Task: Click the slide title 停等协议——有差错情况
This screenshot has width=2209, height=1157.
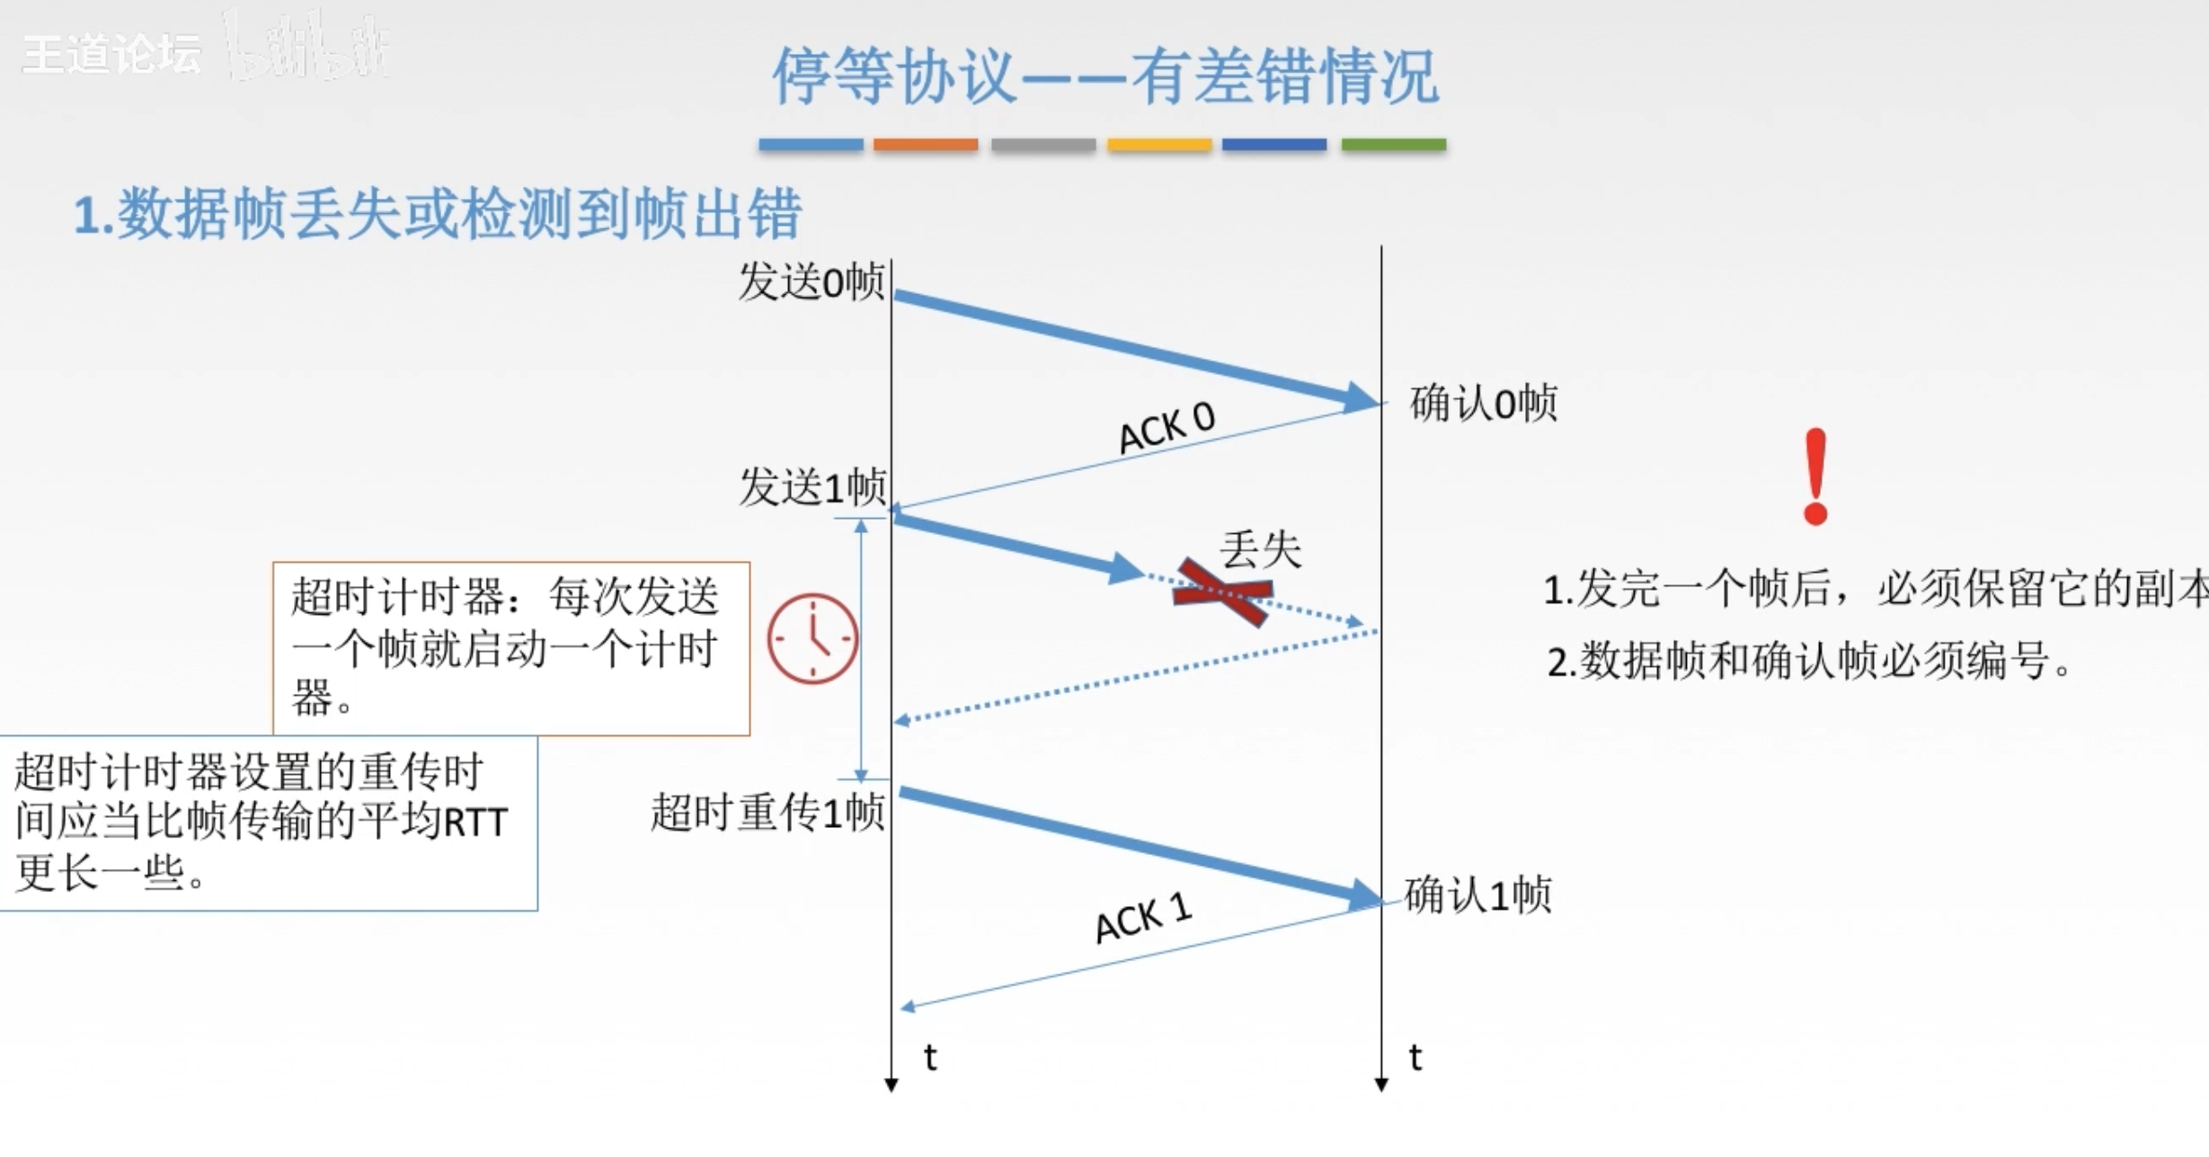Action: click(x=1104, y=76)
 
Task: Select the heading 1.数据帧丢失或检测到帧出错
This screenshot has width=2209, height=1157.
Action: click(x=437, y=214)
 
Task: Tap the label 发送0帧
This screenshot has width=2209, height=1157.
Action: click(x=812, y=282)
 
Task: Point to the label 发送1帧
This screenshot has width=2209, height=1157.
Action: click(x=812, y=487)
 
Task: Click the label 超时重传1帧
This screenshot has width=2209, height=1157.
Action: click(x=768, y=813)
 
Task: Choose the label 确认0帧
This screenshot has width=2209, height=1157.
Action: click(x=1483, y=403)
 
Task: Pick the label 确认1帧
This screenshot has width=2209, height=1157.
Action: click(x=1477, y=895)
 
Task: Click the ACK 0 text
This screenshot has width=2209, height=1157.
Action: click(x=1167, y=427)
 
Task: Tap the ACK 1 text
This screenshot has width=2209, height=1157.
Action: click(x=1143, y=919)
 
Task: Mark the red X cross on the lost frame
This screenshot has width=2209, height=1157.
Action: click(x=1223, y=592)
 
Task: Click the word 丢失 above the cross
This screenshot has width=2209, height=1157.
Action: click(x=1260, y=549)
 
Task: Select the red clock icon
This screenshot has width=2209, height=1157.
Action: click(x=812, y=638)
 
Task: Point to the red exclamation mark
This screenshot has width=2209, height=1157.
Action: click(x=1815, y=476)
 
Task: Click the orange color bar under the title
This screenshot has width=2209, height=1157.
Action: click(x=925, y=145)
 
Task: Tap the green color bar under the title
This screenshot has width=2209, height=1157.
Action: click(x=1393, y=145)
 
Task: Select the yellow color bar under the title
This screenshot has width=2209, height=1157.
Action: click(x=1159, y=145)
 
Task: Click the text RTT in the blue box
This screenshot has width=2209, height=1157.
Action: click(x=476, y=822)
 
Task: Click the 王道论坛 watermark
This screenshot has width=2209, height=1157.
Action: click(x=111, y=55)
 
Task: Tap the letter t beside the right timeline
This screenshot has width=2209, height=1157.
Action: click(x=1415, y=1057)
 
